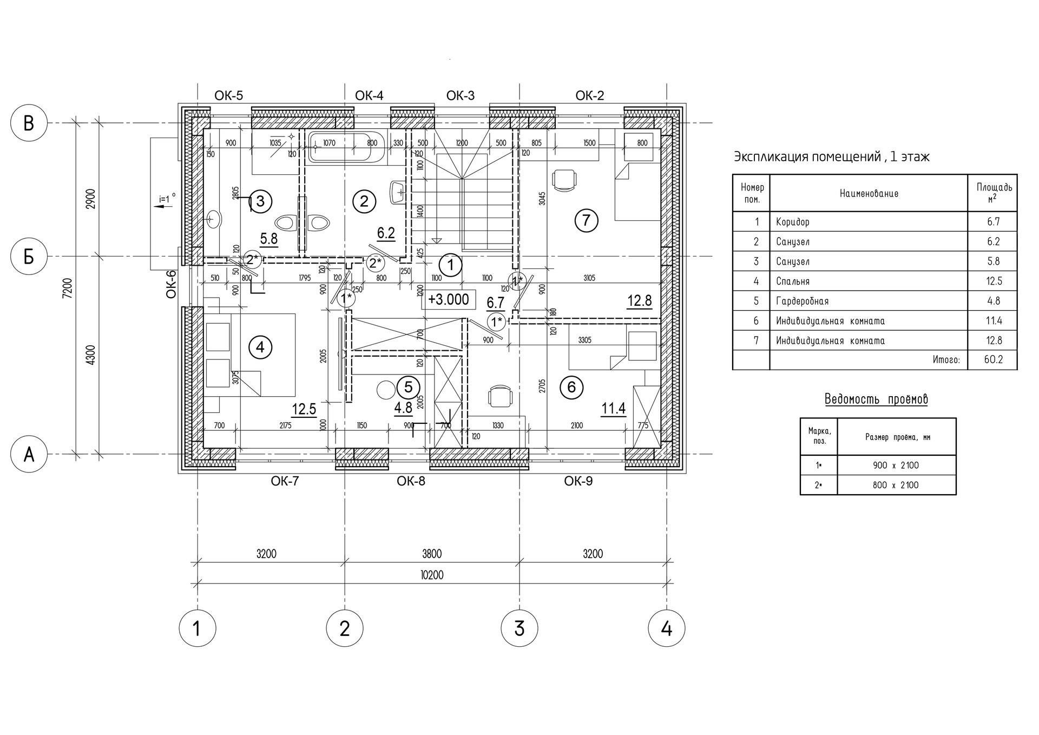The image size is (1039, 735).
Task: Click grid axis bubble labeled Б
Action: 29,257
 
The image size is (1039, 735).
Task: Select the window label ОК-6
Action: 172,284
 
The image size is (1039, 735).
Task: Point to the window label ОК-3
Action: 460,96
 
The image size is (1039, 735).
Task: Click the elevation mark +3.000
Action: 449,299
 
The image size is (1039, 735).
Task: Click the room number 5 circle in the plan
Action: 408,386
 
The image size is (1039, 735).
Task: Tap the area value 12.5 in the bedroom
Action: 304,409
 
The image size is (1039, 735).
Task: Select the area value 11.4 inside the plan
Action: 613,408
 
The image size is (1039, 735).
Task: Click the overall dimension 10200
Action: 431,575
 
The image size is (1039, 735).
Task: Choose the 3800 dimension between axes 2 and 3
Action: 432,554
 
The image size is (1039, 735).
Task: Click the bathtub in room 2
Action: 346,148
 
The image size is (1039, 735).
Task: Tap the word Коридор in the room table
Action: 792,222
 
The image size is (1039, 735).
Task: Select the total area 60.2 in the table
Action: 993,359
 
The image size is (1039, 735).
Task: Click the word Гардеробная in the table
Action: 802,301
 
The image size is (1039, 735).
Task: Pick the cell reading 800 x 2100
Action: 896,485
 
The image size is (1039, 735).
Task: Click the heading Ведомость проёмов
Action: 876,399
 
